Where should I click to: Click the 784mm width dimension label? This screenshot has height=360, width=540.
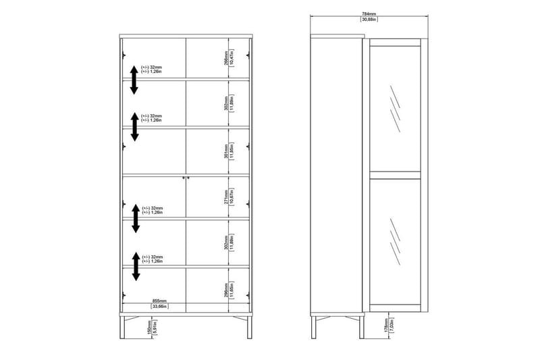tap(368, 13)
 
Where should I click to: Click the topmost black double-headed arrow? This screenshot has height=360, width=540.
tap(134, 80)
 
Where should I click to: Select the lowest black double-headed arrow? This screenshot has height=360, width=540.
tap(136, 266)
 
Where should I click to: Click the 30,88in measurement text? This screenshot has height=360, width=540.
tap(368, 20)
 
